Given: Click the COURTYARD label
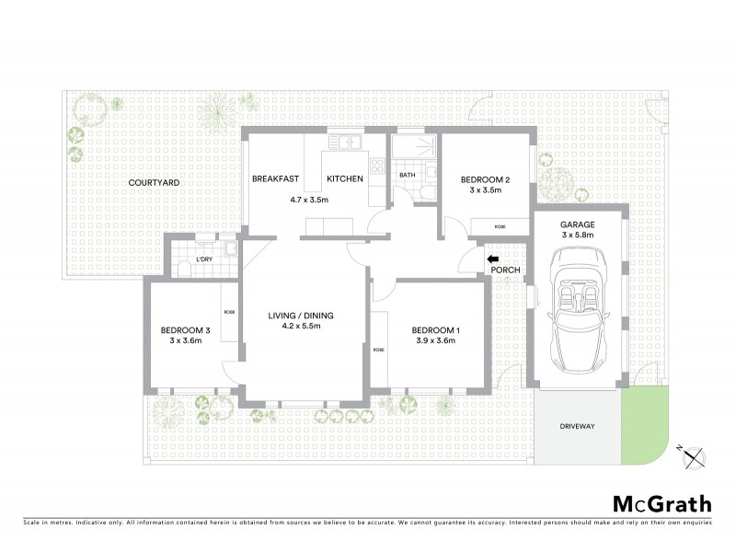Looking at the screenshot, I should pos(154,183).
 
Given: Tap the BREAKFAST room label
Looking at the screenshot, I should pos(278,178).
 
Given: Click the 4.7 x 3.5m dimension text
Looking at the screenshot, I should pos(309,199).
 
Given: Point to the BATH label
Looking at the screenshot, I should pos(406,175).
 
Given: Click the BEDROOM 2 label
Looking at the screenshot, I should pos(484,179).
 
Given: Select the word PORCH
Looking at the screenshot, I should pos(507,270).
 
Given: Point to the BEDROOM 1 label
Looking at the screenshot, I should pos(436,330).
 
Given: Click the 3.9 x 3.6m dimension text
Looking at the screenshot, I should pos(436,342).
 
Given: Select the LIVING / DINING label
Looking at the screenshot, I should pos(301,316).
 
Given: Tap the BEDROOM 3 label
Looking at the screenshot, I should pos(186,330).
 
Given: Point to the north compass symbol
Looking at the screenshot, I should pos(693,454).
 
